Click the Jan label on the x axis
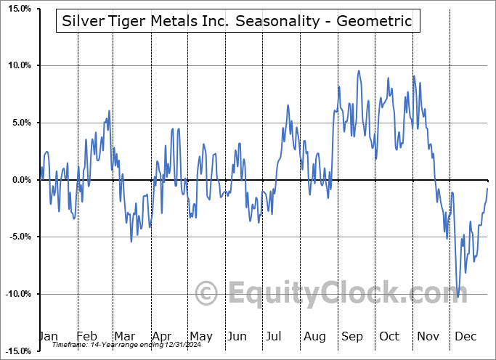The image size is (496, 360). click(x=47, y=336)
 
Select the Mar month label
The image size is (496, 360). click(x=125, y=336)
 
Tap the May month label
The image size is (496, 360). click(x=200, y=336)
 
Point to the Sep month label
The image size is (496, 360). click(x=353, y=336)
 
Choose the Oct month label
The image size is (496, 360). click(x=389, y=336)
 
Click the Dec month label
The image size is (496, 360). click(x=466, y=336)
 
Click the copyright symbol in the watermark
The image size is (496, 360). click(x=207, y=294)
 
